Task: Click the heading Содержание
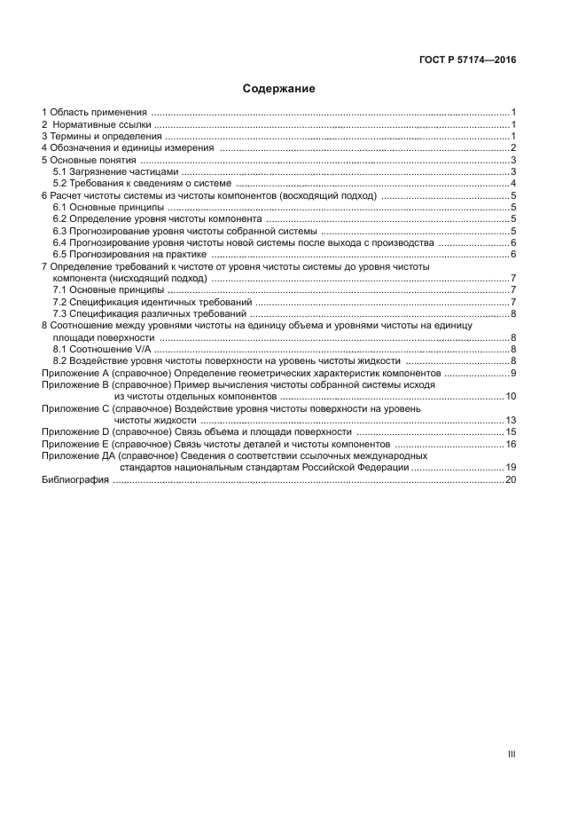click(x=279, y=89)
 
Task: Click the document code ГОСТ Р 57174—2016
click(x=467, y=60)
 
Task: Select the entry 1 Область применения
click(x=94, y=112)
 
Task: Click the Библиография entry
click(x=75, y=479)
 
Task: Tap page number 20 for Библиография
click(x=511, y=479)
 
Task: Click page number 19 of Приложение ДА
click(x=511, y=467)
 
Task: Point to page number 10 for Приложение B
click(x=511, y=396)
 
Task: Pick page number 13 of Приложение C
click(x=511, y=420)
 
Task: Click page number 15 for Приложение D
click(x=511, y=431)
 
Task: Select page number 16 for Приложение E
click(x=511, y=444)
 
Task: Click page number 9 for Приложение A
click(x=513, y=374)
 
